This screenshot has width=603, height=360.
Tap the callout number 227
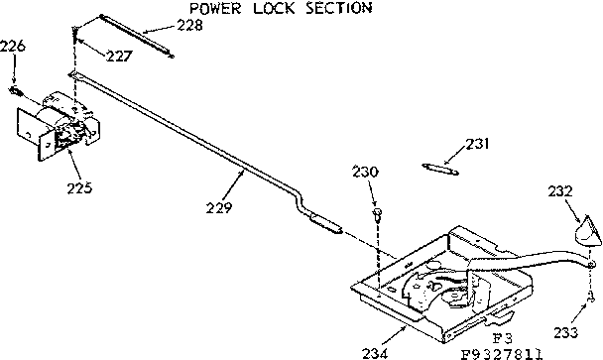[x=119, y=56]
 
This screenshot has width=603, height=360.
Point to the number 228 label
[x=188, y=25]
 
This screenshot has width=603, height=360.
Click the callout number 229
[x=219, y=207]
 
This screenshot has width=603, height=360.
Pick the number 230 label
[x=363, y=172]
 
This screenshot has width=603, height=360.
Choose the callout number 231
[x=478, y=143]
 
